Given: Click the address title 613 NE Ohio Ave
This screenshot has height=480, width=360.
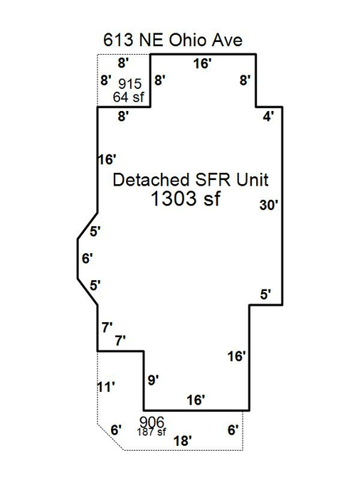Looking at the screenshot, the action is click(173, 40).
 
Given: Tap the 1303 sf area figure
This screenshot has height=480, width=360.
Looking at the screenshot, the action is click(186, 198).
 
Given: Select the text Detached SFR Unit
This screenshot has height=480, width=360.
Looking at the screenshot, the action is click(191, 180).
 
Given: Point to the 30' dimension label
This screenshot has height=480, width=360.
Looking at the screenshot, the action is click(268, 205).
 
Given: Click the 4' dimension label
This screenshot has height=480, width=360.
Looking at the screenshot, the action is click(268, 117).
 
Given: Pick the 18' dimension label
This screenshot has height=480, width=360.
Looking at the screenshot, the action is click(183, 441).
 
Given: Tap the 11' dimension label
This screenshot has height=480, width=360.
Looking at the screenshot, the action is click(106, 388).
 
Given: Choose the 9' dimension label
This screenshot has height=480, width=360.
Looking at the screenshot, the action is click(153, 380).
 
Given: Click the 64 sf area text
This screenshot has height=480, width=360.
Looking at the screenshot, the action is click(128, 97).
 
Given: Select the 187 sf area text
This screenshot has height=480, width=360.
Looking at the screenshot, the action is click(152, 432).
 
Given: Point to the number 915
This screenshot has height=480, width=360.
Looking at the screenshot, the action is click(130, 84).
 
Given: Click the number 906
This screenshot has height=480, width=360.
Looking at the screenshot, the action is click(152, 422).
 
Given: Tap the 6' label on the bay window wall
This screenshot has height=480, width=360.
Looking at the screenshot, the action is click(87, 258).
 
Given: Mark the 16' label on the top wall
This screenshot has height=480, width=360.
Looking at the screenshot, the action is click(202, 64).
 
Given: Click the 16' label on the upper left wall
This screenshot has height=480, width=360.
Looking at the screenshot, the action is click(107, 159).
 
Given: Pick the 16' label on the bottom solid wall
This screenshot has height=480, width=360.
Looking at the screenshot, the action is click(196, 400).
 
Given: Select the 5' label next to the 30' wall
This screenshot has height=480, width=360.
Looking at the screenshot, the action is click(265, 294).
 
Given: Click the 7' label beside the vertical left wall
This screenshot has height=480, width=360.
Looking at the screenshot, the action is click(107, 328).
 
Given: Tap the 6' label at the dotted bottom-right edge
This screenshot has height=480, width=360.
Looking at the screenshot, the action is click(233, 430).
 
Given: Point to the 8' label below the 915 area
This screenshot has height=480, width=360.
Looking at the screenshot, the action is click(123, 117).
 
